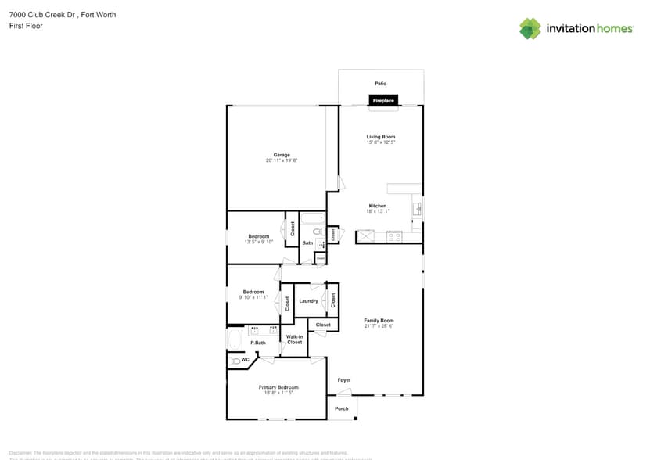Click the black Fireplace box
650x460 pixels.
point(383,100)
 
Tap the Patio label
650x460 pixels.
point(380,83)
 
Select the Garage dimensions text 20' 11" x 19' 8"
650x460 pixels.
point(282,160)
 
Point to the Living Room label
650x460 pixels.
point(380,137)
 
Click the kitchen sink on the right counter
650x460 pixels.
point(417,208)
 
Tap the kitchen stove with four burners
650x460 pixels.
point(393,235)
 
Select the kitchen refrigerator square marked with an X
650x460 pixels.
point(365,236)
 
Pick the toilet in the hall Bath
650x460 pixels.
point(318,232)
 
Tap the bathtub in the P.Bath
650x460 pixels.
point(234,340)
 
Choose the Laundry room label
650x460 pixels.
point(308,301)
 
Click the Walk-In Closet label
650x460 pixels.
point(295,340)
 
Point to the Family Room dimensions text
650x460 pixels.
point(379,325)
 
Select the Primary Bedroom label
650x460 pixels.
point(278,387)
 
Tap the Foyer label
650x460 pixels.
point(344,380)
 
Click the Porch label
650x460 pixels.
point(342,408)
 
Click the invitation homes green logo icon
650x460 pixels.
point(530,28)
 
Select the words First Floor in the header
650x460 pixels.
point(26,26)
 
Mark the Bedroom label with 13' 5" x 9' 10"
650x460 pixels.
point(259,236)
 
